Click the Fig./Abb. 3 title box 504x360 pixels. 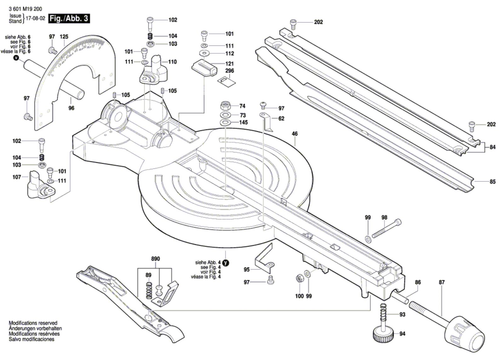pos(69,19)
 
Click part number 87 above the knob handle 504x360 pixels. pos(442,282)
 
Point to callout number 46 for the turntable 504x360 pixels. pos(295,134)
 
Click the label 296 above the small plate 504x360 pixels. pos(230,71)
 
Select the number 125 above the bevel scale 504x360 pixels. pos(64,37)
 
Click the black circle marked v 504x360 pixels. pos(16,58)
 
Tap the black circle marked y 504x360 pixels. pos(226,263)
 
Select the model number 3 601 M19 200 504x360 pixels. pos(25,9)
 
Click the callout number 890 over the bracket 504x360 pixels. pos(156,259)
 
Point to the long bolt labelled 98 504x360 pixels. pos(387,229)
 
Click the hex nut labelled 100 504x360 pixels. pos(299,278)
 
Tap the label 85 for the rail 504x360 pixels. pos(492,182)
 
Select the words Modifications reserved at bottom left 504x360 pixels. pos(33,323)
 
